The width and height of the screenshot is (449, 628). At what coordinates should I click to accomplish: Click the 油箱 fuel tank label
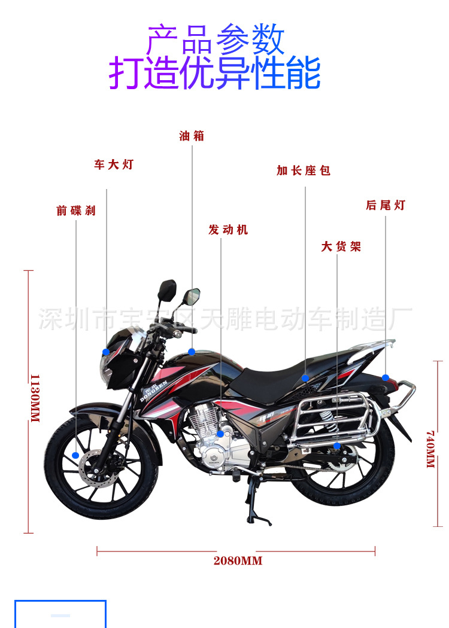[192, 136]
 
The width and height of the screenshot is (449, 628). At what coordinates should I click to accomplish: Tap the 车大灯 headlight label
[113, 164]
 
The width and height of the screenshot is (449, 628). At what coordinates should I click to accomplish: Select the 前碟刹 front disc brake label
[76, 211]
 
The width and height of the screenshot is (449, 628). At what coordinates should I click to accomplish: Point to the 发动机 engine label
[227, 230]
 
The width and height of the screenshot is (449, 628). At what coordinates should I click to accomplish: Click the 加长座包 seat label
[304, 171]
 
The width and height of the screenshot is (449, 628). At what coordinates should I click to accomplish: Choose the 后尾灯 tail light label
[386, 205]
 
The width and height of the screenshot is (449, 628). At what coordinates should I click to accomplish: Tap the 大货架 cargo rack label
[341, 246]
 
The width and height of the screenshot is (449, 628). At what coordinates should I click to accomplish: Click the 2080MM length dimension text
[238, 561]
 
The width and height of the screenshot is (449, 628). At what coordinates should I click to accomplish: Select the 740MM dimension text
[430, 449]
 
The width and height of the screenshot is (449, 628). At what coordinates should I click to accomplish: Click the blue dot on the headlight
[106, 352]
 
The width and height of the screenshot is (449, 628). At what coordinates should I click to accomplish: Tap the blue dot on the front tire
[75, 456]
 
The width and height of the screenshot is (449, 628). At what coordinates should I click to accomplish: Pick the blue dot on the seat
[305, 378]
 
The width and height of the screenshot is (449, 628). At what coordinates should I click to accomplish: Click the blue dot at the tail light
[386, 378]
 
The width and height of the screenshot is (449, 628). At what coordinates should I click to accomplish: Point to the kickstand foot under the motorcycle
[259, 522]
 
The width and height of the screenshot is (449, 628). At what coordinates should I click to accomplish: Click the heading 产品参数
[216, 39]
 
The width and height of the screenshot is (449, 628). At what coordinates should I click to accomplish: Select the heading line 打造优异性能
[215, 74]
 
